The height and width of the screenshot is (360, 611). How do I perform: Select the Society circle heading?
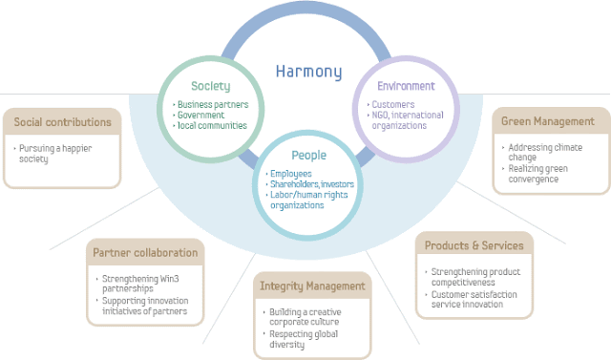coord(211,86)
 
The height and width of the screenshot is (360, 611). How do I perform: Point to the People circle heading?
coord(308,154)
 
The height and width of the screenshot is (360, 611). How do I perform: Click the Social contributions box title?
coord(63,122)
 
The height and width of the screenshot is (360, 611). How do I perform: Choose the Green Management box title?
coord(548,121)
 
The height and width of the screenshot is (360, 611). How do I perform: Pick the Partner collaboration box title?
coord(145,253)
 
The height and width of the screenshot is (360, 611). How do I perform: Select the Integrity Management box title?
coord(312,286)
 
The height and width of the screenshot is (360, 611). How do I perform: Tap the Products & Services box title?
coord(474,245)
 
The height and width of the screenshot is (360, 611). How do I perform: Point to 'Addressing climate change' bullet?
coord(545,152)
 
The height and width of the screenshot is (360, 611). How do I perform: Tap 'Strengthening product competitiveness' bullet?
coord(471,276)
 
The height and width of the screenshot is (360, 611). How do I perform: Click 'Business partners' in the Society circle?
coord(213,104)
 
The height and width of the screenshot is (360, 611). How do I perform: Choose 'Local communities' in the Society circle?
coord(213,125)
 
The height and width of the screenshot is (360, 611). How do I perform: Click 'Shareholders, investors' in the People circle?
coord(311,183)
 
